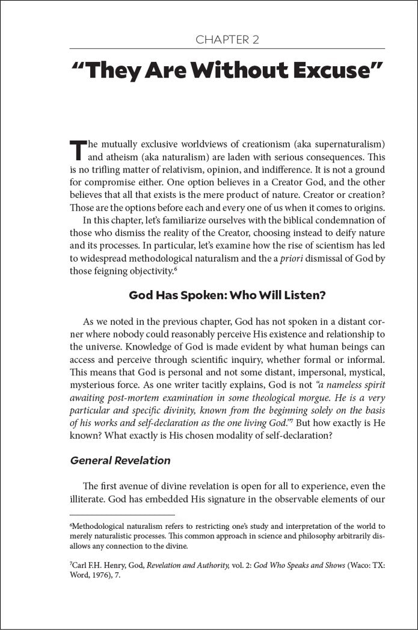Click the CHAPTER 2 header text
point(227,40)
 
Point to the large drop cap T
point(78,152)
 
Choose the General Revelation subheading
point(120,461)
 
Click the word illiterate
point(90,499)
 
